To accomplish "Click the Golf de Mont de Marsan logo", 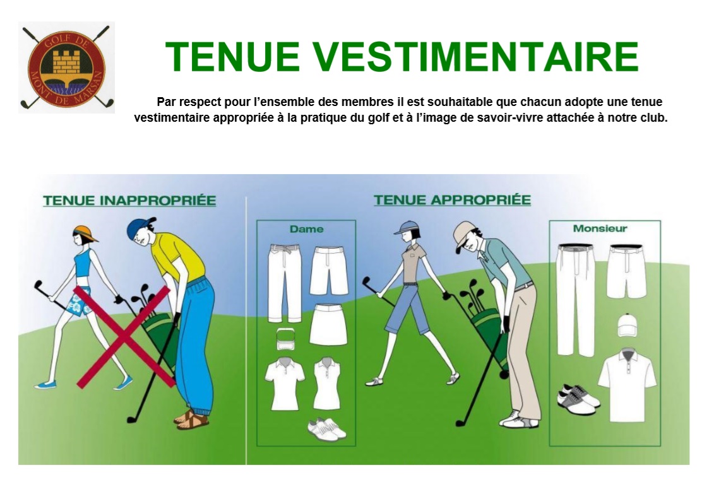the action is pos(66,67).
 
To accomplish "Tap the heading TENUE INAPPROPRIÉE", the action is pos(129,200).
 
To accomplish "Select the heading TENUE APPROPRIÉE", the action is pos(452,199).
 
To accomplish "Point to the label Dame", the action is pos(306,229).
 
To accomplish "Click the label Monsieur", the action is pos(600,228).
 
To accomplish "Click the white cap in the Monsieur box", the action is pos(628,326).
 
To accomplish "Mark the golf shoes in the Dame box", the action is pos(326,428).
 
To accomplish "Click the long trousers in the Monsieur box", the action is pos(575,299).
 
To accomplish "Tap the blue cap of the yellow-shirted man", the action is pos(140,228).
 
